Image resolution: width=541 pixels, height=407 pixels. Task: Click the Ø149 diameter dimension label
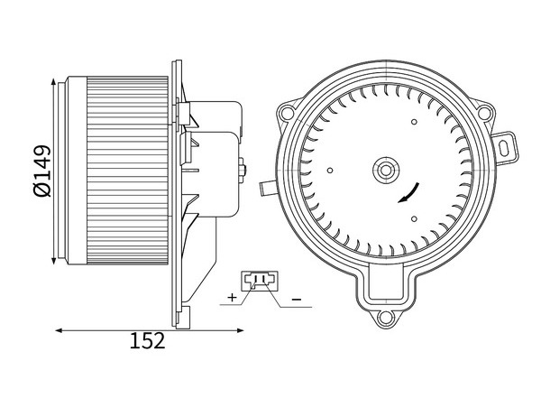[42, 171]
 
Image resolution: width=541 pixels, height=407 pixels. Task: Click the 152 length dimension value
[147, 341]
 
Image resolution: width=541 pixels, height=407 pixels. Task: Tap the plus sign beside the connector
[233, 297]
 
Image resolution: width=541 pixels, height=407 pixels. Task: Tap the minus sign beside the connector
[297, 299]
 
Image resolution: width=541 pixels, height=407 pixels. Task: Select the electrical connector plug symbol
[259, 281]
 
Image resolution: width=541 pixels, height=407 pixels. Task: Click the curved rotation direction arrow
[409, 192]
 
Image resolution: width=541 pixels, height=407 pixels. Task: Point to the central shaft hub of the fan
[385, 171]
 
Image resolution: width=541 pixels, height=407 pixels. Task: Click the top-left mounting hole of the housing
[286, 112]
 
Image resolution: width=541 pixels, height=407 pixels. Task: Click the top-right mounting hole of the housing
[484, 112]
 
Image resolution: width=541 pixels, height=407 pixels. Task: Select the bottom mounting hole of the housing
[385, 318]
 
